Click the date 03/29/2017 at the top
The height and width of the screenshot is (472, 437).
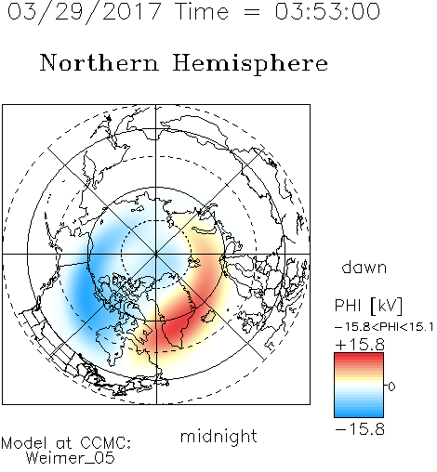pos(85,13)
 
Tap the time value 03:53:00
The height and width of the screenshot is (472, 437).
pos(327,11)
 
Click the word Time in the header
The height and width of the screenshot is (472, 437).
pos(202,11)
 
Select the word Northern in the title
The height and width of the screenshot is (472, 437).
pos(99,62)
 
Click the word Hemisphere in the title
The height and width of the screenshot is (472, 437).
pos(250,64)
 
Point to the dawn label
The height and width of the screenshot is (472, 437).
pos(364,267)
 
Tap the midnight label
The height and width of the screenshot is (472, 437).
pos(218,436)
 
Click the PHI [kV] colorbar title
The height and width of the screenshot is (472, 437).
pos(368,306)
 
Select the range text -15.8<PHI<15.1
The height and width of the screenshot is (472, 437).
pos(384,327)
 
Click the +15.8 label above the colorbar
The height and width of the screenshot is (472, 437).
pos(360,345)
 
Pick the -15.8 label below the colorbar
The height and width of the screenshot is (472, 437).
pos(360,429)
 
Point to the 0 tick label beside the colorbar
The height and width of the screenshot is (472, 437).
pos(391,387)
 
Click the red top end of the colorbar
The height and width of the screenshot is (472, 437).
pos(359,355)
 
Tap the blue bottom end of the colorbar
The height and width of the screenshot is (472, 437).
pos(359,414)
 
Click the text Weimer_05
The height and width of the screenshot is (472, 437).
pos(71,458)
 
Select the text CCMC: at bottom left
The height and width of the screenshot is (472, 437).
pos(105,443)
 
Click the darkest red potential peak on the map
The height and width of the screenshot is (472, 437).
pos(174,325)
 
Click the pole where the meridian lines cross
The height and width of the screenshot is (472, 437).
pos(156,254)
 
